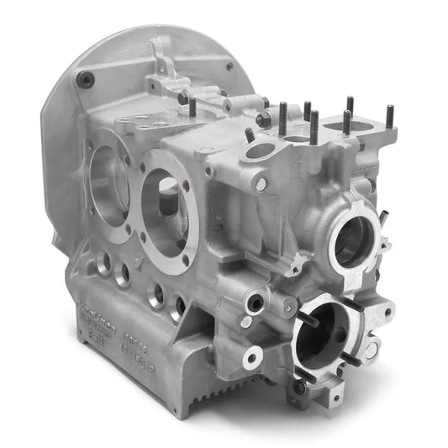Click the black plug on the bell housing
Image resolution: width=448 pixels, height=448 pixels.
[x=85, y=81]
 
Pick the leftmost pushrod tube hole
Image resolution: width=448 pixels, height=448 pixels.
[x=103, y=263]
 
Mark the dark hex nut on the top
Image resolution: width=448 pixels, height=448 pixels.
[x=263, y=119]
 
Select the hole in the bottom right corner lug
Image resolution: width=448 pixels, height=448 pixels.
[x=335, y=395]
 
